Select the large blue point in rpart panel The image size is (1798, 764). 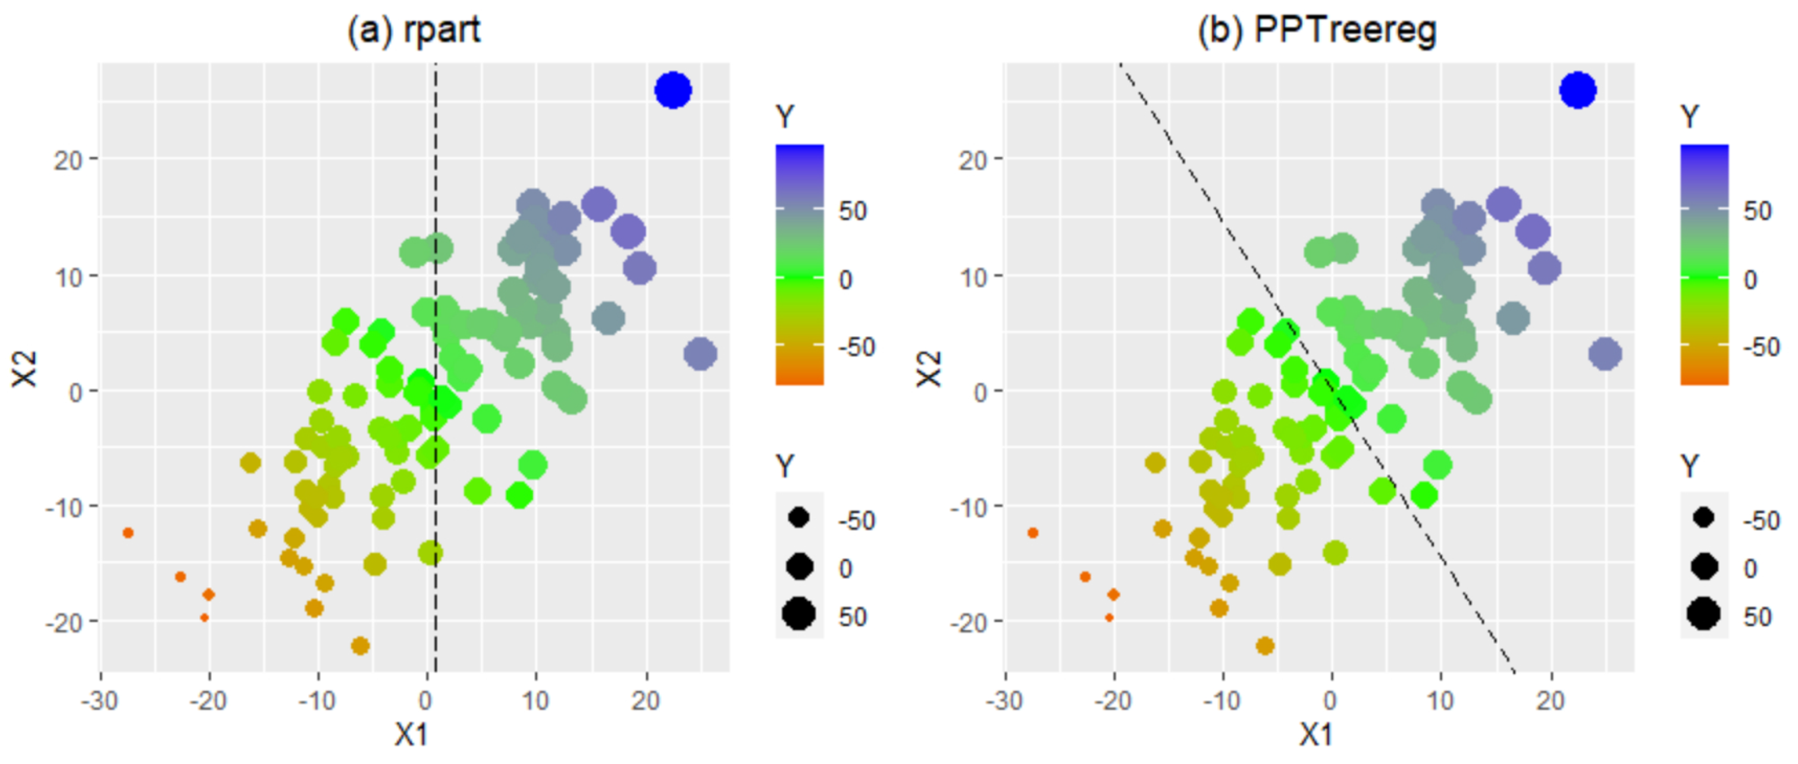click(x=673, y=90)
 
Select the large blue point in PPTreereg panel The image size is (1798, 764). click(x=1577, y=90)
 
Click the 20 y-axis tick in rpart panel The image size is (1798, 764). click(x=68, y=160)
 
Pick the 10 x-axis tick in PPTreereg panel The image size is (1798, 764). click(x=1440, y=700)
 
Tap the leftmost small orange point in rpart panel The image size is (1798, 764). click(x=128, y=533)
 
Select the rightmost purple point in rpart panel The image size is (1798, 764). click(x=700, y=354)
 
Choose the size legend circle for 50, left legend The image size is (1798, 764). click(x=798, y=615)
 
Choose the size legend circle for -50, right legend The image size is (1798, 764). click(x=1703, y=518)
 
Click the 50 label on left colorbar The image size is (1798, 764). click(x=852, y=211)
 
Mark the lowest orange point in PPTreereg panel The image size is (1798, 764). click(x=1265, y=646)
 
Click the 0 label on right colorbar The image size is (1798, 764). click(x=1750, y=280)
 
